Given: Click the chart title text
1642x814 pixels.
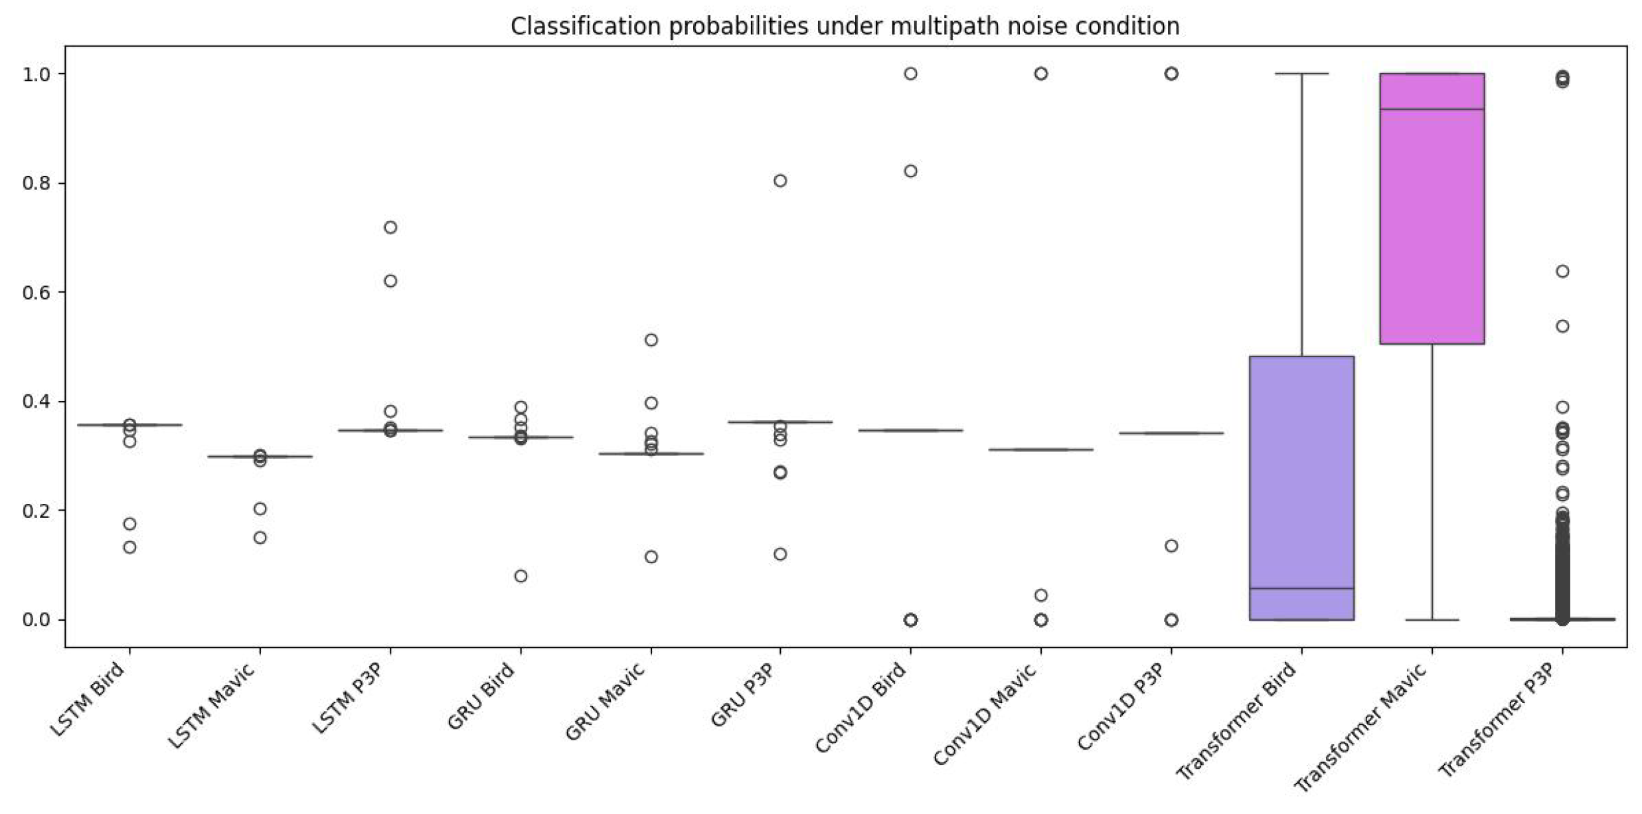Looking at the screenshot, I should [x=845, y=27].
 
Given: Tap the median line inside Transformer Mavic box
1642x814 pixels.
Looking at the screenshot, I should [x=1432, y=109].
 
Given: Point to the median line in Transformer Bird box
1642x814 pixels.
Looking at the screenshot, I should [x=1301, y=588].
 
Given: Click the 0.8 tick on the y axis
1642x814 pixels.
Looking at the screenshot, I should [x=36, y=183].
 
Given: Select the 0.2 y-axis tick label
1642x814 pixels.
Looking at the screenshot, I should [x=36, y=511].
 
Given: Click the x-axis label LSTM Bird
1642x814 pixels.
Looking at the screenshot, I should [x=88, y=699].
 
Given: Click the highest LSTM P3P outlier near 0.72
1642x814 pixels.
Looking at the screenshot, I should [x=390, y=227].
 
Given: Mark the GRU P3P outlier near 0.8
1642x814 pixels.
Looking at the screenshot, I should [x=780, y=181].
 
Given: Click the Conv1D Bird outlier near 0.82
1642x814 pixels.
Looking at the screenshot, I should [x=910, y=171].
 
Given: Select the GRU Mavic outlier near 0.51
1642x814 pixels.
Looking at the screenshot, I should [x=651, y=340].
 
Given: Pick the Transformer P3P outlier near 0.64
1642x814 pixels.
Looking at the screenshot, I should [x=1562, y=271].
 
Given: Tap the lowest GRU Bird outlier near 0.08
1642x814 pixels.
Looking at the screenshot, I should [x=521, y=576].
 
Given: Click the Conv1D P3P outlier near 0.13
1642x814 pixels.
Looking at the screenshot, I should [x=1171, y=546].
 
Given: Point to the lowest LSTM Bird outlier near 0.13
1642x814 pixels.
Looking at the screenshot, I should [x=130, y=547].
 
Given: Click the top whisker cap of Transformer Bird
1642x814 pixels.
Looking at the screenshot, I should [x=1301, y=73].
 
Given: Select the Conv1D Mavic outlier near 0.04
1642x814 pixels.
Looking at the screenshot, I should [x=1041, y=595].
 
